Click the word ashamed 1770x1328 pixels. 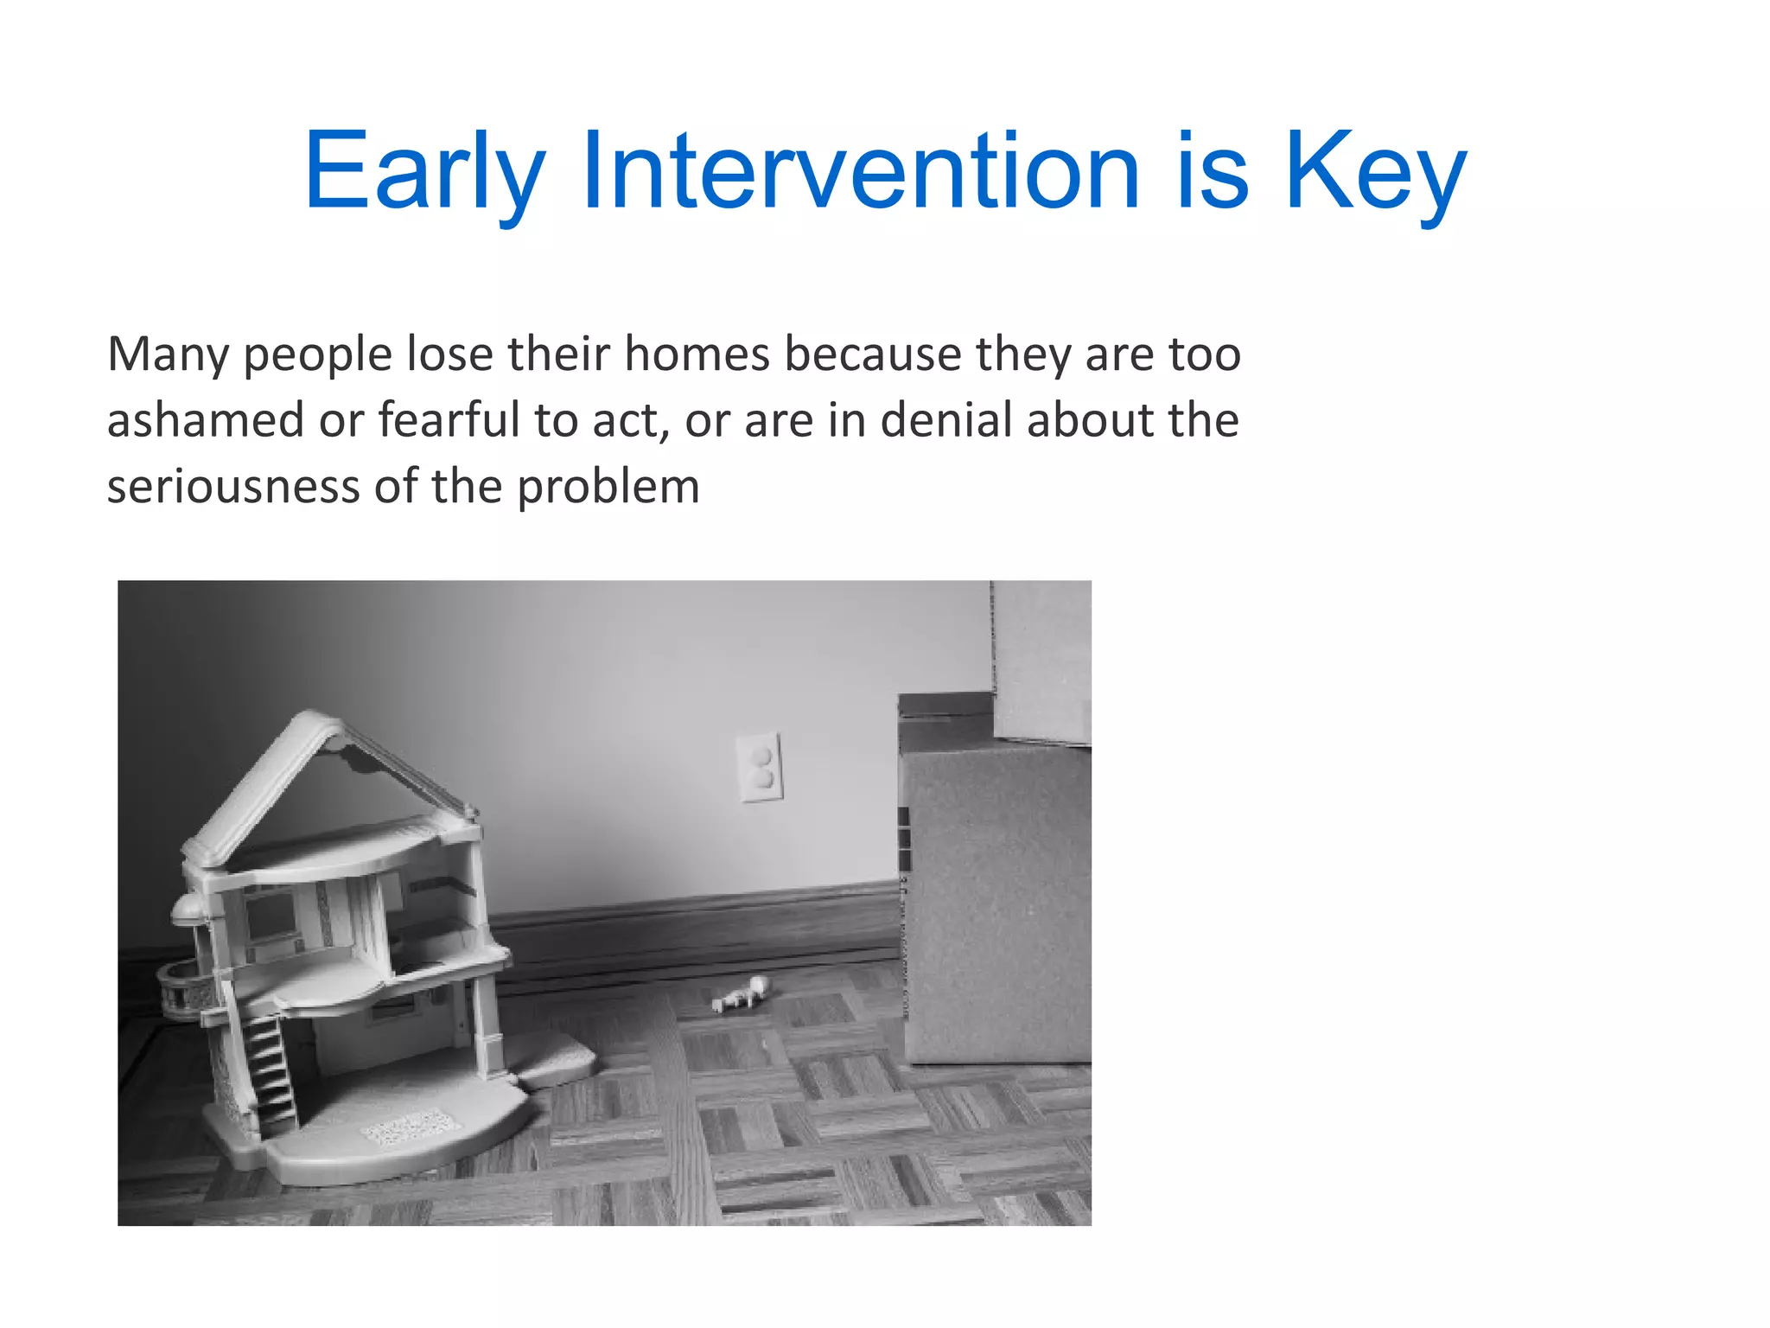pos(205,420)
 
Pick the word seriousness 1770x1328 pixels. pos(232,486)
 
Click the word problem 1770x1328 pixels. pos(608,486)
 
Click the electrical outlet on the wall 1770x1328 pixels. pos(760,767)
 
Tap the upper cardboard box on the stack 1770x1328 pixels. pos(1041,661)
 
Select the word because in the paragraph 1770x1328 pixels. pos(873,354)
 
